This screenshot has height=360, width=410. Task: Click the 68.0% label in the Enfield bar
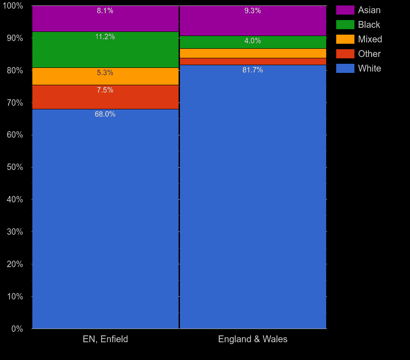point(105,114)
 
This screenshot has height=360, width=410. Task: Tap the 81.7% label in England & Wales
point(253,70)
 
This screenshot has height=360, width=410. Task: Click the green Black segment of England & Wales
point(214,42)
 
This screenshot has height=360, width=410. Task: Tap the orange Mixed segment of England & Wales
point(253,53)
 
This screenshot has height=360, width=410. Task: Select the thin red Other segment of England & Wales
point(253,62)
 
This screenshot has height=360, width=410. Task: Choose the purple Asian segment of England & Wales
point(214,23)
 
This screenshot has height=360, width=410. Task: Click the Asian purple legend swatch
point(345,10)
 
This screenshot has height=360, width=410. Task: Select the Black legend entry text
point(369,25)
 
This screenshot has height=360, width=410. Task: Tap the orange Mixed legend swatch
point(345,39)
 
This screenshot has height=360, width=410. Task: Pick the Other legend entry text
point(369,54)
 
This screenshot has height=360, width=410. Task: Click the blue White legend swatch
point(345,68)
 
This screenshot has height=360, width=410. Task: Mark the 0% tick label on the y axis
point(16,329)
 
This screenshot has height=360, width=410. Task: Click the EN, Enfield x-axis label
point(105,339)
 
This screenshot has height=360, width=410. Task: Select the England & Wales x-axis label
point(253,339)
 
